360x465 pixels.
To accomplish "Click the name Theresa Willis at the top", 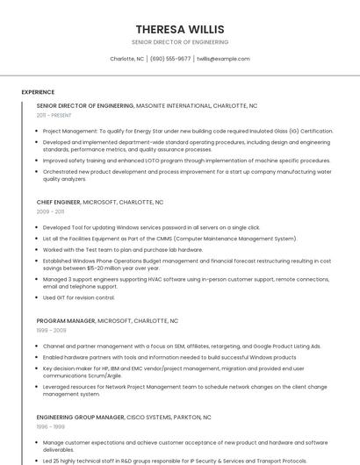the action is point(180,29).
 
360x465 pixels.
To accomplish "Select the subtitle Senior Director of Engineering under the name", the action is point(180,42).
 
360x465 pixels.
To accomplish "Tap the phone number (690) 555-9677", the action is point(170,59).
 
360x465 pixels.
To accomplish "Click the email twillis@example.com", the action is point(223,59).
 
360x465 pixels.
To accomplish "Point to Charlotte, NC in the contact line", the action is point(127,59).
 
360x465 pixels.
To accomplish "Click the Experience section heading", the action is point(38,91).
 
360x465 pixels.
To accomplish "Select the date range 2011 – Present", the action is point(54,115).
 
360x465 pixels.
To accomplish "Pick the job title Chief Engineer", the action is point(58,202).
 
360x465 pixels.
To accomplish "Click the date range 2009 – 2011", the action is point(50,211).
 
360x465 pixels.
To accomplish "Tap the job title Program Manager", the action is point(65,321).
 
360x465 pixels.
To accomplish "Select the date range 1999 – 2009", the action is point(51,331).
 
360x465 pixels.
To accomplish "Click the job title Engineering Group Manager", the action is point(80,417).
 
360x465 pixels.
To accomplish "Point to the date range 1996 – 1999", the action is point(50,426).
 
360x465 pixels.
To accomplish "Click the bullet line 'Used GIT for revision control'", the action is point(79,297).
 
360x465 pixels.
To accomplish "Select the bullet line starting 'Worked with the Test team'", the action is point(123,249).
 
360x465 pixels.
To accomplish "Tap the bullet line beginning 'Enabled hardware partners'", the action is point(169,357).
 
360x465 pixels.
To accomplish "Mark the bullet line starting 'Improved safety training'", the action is point(186,161).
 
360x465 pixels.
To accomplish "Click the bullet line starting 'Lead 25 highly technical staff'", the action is point(175,461).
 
